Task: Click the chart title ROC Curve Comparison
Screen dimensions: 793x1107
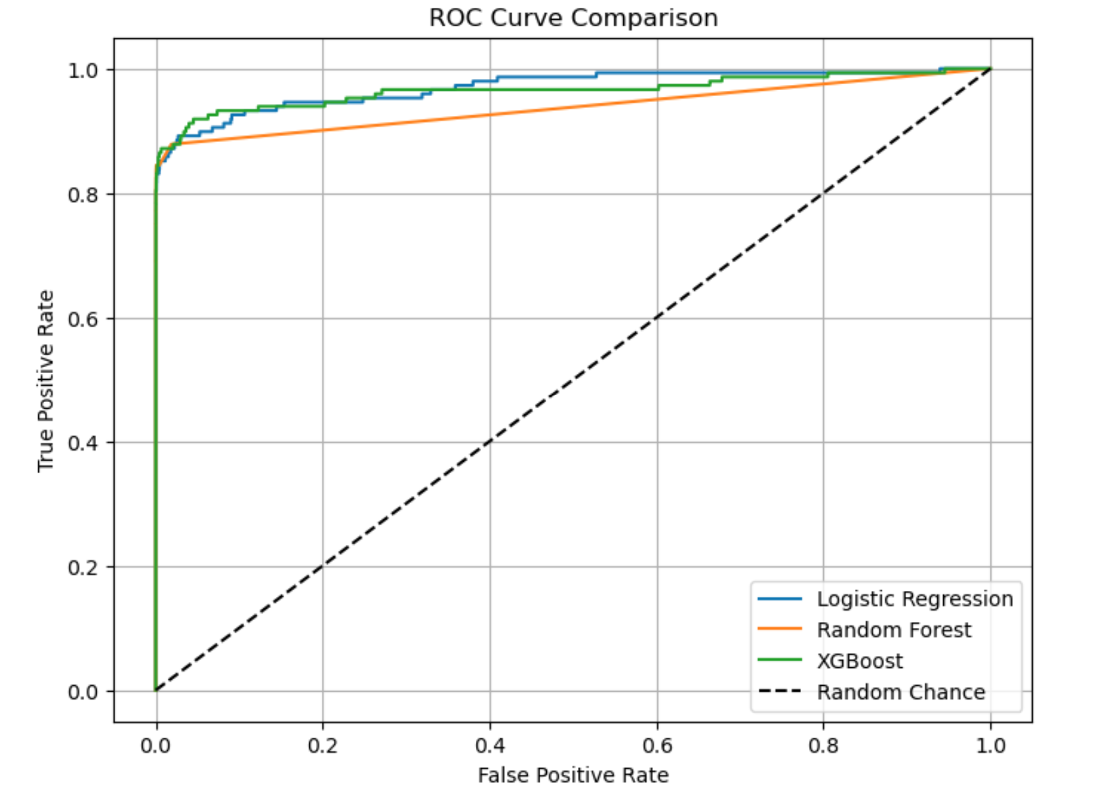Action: point(573,18)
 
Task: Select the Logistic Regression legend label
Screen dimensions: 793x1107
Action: point(914,599)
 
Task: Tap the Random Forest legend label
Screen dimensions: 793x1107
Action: point(893,630)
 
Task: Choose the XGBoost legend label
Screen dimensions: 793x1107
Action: point(860,661)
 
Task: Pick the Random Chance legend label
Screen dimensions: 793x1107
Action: point(900,692)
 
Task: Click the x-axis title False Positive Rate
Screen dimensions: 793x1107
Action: point(573,775)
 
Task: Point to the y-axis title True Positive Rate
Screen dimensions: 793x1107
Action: point(45,380)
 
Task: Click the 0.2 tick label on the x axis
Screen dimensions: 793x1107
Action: point(322,746)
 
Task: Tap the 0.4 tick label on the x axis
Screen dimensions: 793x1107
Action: point(490,746)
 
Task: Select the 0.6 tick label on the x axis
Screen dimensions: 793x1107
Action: point(657,746)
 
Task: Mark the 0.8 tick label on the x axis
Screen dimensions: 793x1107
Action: point(823,746)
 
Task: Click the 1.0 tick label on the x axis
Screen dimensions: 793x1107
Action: point(991,746)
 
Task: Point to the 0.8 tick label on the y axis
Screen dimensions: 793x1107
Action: point(83,195)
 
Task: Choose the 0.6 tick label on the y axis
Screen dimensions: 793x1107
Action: point(83,319)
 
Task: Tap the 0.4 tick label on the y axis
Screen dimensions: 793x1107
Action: point(83,443)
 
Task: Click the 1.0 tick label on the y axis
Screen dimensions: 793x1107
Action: point(83,70)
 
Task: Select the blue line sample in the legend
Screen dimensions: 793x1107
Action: point(779,599)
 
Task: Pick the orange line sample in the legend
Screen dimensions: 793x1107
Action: point(779,630)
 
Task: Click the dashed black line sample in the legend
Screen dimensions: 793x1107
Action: point(779,692)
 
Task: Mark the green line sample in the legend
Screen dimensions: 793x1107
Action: point(779,660)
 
